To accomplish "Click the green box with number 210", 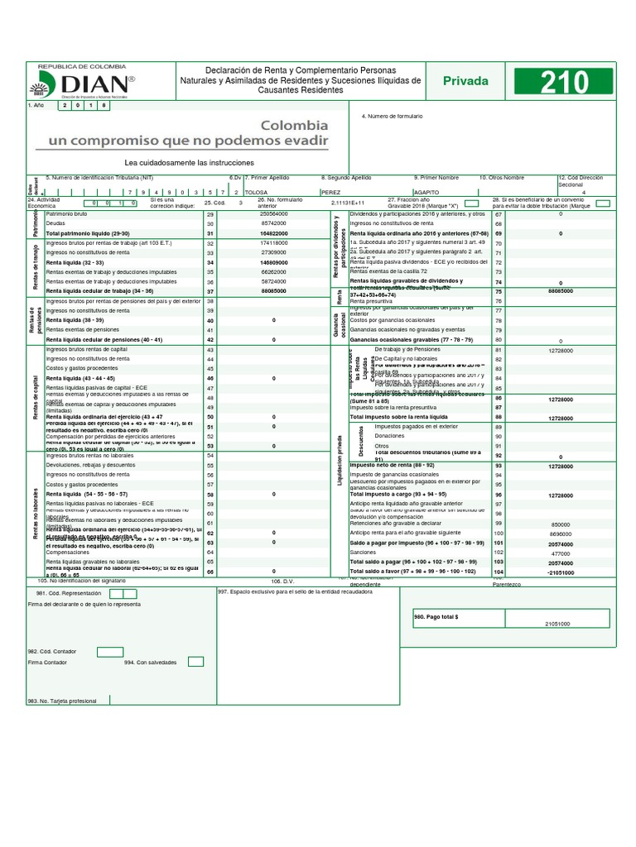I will point(565,82).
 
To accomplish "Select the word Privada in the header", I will point(465,81).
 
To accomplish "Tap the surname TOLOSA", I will point(256,192).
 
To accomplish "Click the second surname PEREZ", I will point(330,192).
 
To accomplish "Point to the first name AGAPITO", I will point(427,192).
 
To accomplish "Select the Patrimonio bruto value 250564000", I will point(273,213).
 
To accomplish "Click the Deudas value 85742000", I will point(273,223).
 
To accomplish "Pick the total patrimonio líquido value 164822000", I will point(273,233).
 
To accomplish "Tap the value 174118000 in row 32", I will point(273,243).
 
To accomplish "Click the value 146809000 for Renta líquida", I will point(273,262).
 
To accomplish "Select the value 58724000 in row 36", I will point(273,281).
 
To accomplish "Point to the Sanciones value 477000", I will point(561,553).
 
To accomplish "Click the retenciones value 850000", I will point(561,524).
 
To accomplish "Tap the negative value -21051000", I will point(561,572).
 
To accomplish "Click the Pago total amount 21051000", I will point(556,624).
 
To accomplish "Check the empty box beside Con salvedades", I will point(195,661).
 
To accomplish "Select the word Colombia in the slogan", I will point(294,126).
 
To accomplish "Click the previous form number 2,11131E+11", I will point(347,202).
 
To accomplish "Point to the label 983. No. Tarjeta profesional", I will point(62,701).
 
